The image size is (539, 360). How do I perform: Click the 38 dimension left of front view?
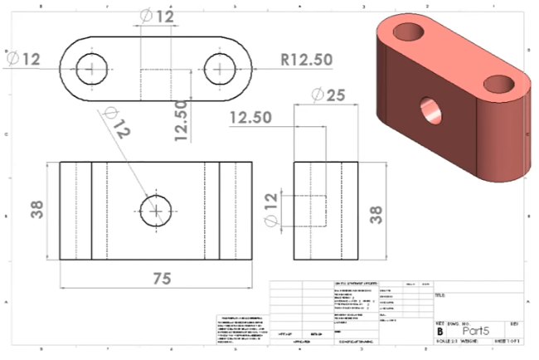pyautogui.click(x=37, y=210)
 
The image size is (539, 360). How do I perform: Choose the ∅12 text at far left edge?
pyautogui.click(x=23, y=59)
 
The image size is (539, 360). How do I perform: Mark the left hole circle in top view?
pyautogui.click(x=91, y=70)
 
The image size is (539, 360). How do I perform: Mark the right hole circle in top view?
pyautogui.click(x=219, y=70)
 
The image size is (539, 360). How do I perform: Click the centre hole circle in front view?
pyautogui.click(x=155, y=210)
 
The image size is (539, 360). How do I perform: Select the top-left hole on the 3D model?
pyautogui.click(x=408, y=32)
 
